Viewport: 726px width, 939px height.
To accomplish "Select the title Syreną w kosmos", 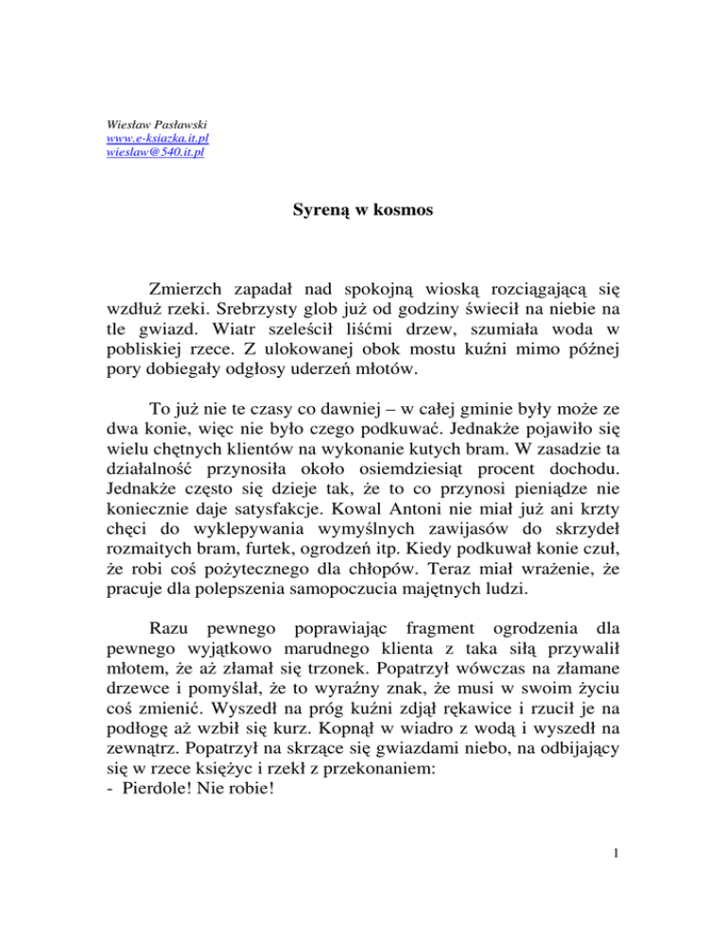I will (x=362, y=211).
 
